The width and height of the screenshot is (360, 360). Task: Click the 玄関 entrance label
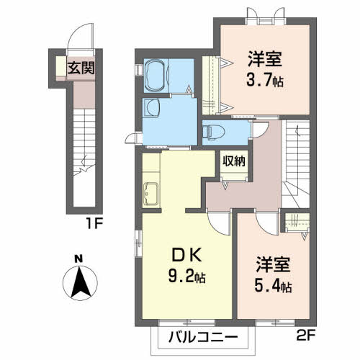tap(81, 68)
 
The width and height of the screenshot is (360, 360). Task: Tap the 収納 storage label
tap(234, 161)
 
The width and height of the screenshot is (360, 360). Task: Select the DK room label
tap(186, 256)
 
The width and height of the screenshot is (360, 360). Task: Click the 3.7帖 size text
tap(265, 80)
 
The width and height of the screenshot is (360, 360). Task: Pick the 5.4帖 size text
tap(273, 285)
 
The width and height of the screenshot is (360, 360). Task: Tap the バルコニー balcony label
tap(203, 337)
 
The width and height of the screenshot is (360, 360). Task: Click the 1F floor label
tap(94, 224)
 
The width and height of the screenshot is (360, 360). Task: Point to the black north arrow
tap(81, 282)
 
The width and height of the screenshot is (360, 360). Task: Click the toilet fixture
tap(213, 132)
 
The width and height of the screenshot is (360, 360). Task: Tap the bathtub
tap(156, 76)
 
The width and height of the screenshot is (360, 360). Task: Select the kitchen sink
tap(150, 194)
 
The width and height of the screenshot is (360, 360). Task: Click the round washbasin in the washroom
tap(153, 108)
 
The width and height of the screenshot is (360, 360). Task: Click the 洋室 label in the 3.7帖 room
tap(265, 59)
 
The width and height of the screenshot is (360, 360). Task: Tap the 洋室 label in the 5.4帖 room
tap(273, 264)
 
